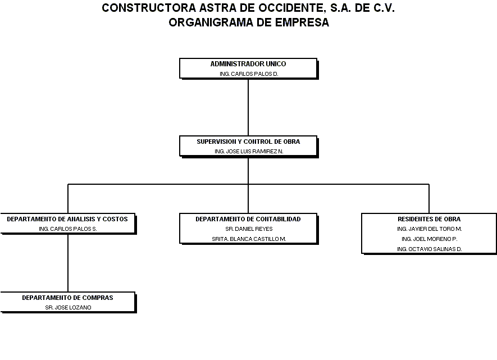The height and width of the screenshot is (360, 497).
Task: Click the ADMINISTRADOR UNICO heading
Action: pos(248,64)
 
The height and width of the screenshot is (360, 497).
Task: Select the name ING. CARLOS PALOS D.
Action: pos(248,74)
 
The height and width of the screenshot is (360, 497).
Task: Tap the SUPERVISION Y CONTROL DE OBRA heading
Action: pos(248,142)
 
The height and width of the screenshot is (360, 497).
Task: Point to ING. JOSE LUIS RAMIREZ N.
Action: pos(248,151)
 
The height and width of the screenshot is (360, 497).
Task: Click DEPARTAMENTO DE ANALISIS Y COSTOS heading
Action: pos(67,219)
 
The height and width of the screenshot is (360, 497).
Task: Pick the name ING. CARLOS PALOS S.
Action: pos(68,229)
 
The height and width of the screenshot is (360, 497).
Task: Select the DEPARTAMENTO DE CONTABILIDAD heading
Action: pos(248,219)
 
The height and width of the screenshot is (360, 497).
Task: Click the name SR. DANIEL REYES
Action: pos(249,229)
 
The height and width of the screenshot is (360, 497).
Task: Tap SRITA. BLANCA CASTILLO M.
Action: pos(249,239)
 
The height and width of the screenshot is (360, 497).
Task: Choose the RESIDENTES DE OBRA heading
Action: pos(429,219)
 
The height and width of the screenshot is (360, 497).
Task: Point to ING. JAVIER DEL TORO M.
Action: pos(429,229)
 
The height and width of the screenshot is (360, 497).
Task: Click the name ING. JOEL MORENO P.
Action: pos(429,239)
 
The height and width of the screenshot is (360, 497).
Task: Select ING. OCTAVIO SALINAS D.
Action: pos(429,249)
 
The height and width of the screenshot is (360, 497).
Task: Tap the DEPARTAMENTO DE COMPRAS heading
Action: pos(67,298)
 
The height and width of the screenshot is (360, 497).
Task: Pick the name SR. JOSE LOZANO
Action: pos(68,307)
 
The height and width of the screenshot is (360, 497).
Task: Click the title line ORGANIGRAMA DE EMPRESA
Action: pos(248,22)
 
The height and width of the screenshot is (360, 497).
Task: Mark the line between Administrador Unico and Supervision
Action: pos(248,107)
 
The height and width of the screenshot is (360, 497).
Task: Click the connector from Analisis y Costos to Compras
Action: pos(68,263)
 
